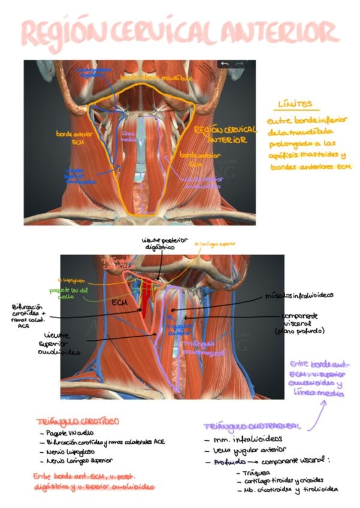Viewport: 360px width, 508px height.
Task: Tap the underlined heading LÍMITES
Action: pyautogui.click(x=294, y=105)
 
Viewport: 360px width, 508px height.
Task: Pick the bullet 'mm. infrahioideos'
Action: pyautogui.click(x=237, y=440)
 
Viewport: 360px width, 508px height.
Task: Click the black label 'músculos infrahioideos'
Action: pyautogui.click(x=300, y=296)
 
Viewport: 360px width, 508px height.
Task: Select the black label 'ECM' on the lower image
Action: pyautogui.click(x=120, y=303)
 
